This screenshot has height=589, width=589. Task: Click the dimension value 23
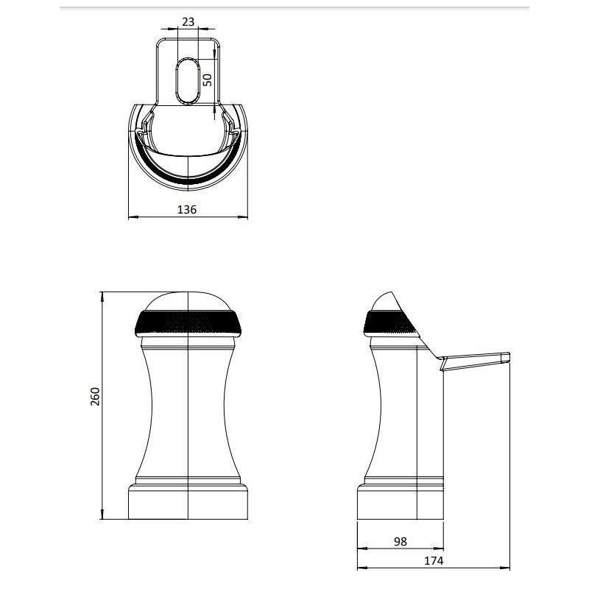coord(188,22)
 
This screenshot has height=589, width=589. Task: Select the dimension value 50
coord(208,80)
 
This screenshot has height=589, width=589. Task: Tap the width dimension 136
coord(187,209)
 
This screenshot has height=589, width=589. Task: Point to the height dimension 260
coord(95,396)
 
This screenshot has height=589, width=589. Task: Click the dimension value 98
coord(401,541)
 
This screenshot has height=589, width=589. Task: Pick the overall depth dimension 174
coord(434,560)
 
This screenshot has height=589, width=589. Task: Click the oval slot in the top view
coord(188,81)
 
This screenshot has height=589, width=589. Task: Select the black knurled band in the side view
coord(391,323)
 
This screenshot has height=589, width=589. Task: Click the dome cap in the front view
coord(188,301)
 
